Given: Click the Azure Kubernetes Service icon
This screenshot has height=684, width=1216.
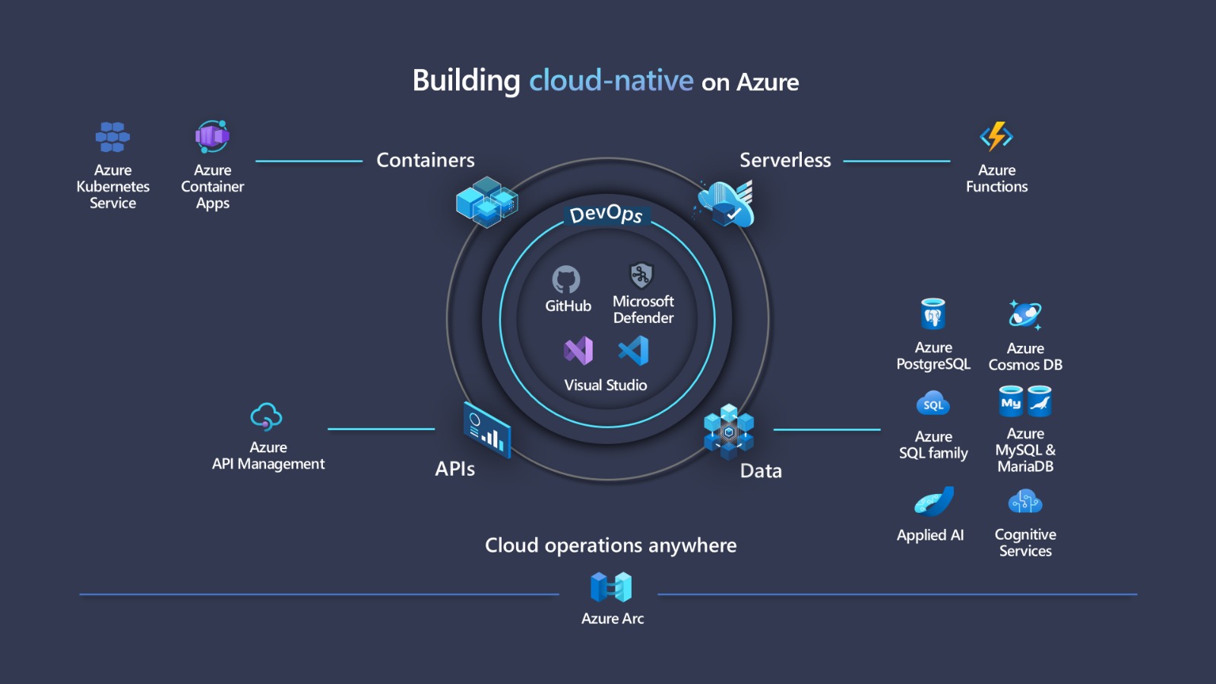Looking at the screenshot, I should click(112, 137).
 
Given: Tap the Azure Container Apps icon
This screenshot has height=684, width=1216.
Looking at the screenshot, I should click(212, 137).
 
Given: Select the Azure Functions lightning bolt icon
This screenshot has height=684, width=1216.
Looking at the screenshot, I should click(996, 137).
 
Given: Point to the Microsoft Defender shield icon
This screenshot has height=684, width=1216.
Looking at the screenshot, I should click(641, 275).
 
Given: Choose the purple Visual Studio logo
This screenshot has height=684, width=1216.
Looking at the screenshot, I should click(578, 351).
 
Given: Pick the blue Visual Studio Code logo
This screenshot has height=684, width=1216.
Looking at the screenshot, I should click(634, 351).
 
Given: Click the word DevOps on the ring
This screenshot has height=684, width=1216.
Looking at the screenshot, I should click(606, 214).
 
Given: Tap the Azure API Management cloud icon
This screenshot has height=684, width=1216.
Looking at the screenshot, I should click(267, 416).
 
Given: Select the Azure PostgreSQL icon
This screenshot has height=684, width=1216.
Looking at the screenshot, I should click(933, 314).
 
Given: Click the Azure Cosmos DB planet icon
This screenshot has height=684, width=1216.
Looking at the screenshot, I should click(1025, 315).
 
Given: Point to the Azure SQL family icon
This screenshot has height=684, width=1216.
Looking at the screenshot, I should click(933, 404).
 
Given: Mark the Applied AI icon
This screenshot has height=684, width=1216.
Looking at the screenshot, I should click(933, 502).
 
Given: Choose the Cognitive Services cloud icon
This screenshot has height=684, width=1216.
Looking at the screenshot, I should click(1025, 502).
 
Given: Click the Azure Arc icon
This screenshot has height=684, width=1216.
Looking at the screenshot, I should click(611, 587).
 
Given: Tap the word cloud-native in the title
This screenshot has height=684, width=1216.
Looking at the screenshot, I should click(611, 81).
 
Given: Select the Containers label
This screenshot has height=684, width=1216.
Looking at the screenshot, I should click(426, 160).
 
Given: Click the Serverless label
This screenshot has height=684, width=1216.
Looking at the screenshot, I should click(785, 160).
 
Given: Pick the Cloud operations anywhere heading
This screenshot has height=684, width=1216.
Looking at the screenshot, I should click(611, 546).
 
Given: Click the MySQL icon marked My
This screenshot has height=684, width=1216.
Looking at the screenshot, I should click(1011, 402).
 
